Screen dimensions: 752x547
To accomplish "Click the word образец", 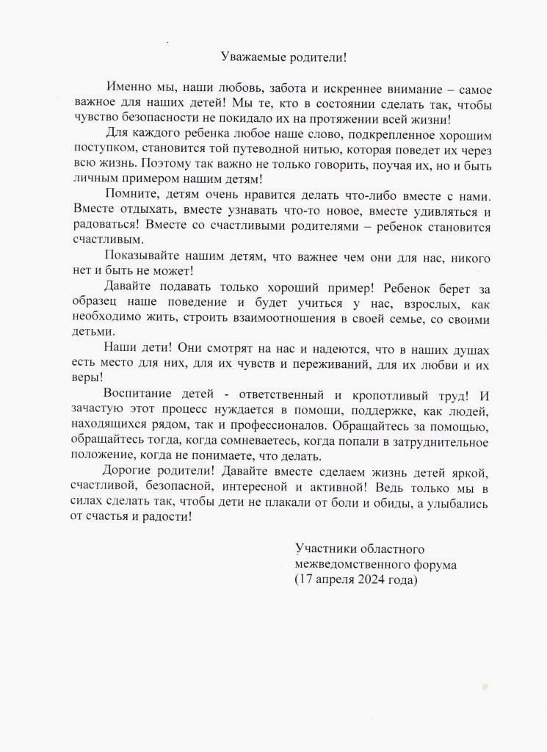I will tap(95, 303).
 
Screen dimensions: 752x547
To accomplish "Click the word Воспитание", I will tap(137, 396).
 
